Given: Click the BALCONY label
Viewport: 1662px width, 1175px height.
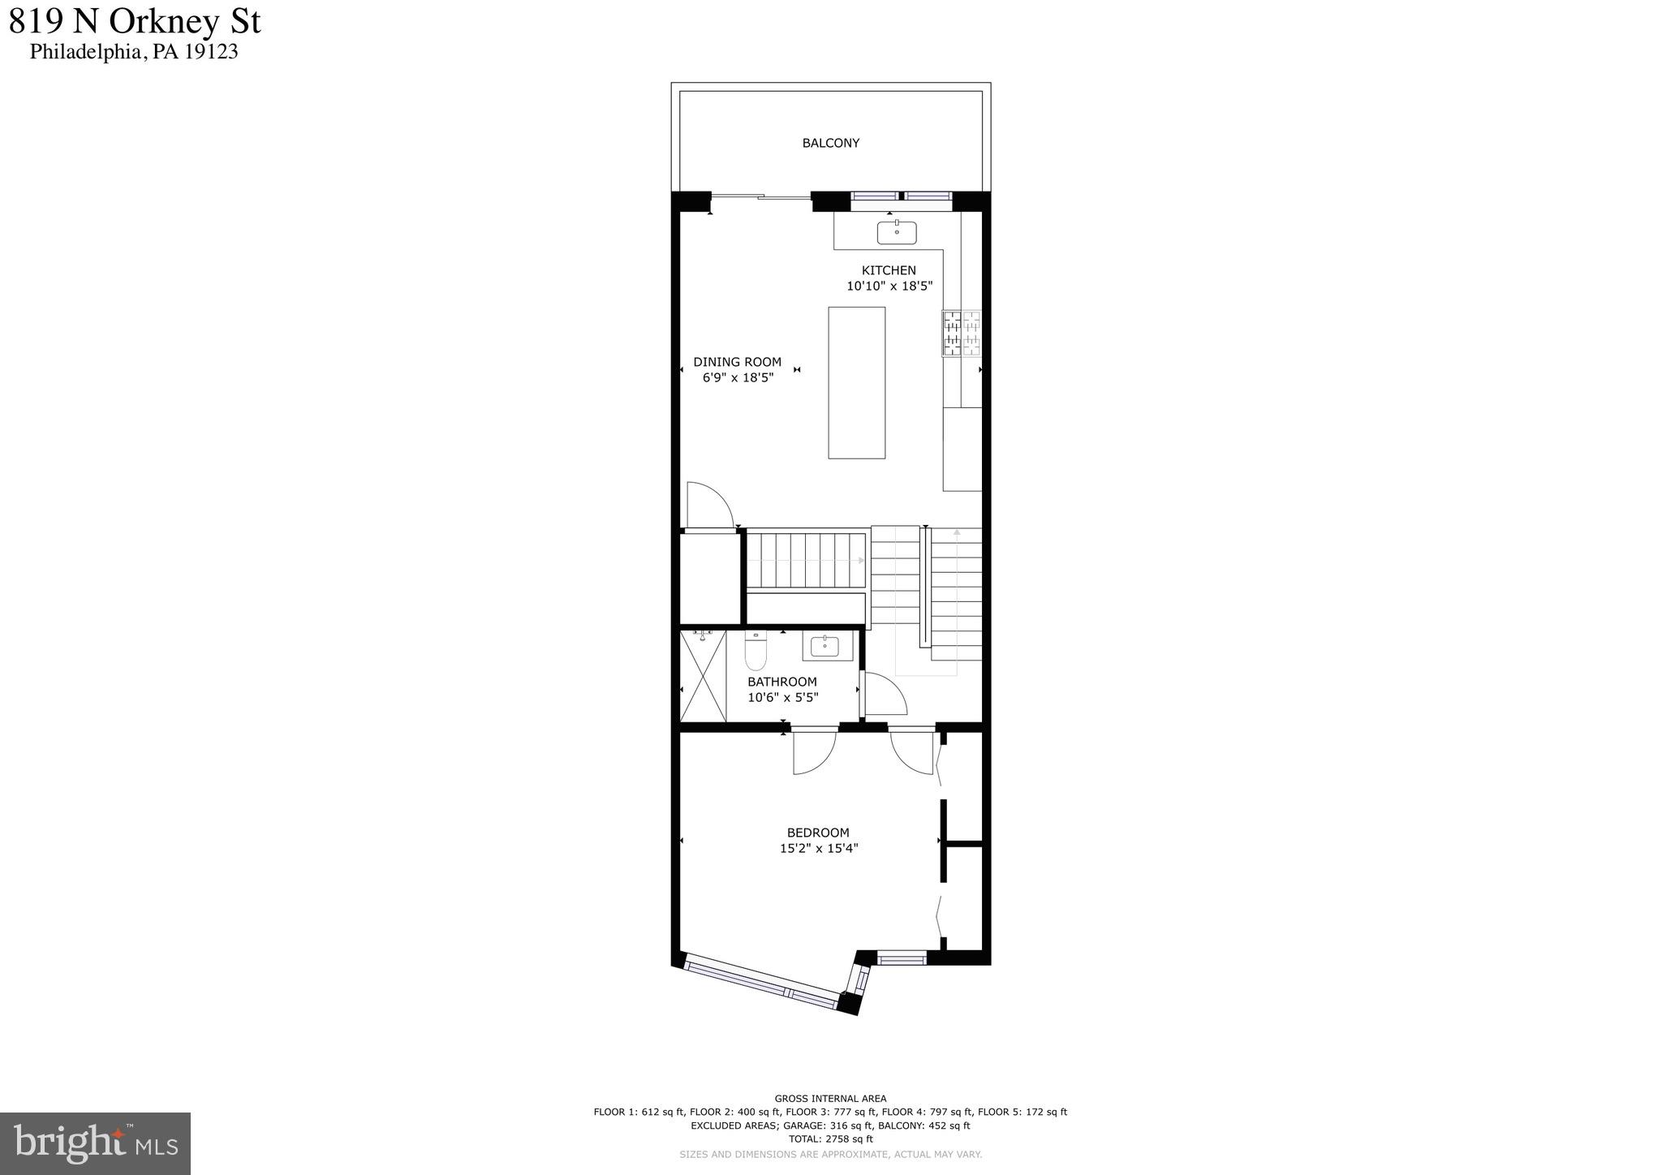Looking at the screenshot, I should coord(830,143).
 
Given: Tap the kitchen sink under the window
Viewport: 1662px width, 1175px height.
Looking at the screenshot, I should coord(897,232).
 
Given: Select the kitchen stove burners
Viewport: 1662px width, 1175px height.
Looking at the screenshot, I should coord(962,334).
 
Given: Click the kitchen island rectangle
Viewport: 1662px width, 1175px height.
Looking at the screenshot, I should coord(856,382).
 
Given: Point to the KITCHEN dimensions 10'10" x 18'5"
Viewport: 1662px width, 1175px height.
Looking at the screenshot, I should coord(889,286).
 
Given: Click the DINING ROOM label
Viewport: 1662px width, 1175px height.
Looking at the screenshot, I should coord(737,362).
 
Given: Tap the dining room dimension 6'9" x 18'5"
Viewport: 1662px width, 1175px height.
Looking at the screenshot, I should coord(738,377).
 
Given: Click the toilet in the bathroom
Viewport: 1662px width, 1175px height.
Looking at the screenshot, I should coord(756,651).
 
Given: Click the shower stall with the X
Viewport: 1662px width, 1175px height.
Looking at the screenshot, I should coord(703,677).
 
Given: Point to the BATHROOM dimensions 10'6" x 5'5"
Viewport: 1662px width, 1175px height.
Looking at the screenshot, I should coord(782,697).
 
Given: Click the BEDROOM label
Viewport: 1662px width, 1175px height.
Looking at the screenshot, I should coord(818,833).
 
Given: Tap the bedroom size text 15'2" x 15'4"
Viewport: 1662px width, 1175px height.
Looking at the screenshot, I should coord(818,849).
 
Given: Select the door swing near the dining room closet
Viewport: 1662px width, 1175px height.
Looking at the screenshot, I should coord(708,505).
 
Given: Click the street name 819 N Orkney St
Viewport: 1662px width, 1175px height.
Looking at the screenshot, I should coord(135,22).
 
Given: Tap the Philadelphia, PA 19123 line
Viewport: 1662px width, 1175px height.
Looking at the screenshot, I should coord(134,52).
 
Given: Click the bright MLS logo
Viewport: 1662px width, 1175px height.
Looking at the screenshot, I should coord(95,1143).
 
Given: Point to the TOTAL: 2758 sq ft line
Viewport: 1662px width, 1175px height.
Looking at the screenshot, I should coord(830,1139).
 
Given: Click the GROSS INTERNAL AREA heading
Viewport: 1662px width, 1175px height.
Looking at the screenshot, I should coord(830,1099).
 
